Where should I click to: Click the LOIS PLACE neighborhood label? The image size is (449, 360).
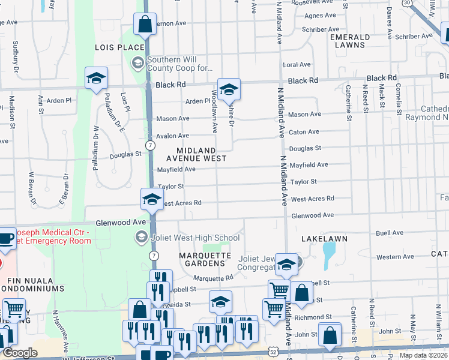coord(119,47)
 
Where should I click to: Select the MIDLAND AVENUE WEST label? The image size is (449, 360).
coord(201,154)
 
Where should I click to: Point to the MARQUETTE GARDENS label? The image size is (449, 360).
coord(205,260)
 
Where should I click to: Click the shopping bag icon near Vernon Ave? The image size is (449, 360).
coord(145,25)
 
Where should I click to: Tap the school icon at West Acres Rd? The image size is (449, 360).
coord(152,199)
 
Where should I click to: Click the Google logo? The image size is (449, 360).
coord(20,353)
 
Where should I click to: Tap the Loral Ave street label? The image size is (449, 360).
coord(297,65)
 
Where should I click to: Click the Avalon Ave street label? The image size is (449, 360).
coord(173,136)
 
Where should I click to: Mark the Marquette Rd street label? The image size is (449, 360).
coord(213,278)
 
